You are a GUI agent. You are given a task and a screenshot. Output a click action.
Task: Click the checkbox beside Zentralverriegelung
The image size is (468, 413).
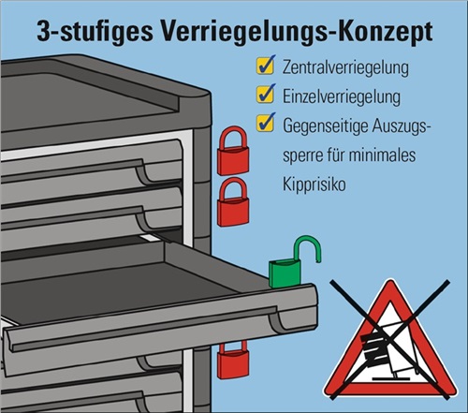click(266, 65)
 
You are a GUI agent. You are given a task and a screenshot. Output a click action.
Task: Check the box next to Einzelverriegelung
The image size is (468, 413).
click(266, 94)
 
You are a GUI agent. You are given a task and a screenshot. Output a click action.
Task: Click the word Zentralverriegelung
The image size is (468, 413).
click(345, 66)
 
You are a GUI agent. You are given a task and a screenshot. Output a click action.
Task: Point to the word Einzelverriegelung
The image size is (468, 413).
click(342, 96)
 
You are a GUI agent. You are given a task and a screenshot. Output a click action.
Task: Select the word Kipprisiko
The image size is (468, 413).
click(314, 184)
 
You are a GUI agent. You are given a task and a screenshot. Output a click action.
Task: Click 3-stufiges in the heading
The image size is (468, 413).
click(95, 32)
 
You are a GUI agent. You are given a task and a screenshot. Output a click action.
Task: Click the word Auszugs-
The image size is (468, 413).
click(400, 126)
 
